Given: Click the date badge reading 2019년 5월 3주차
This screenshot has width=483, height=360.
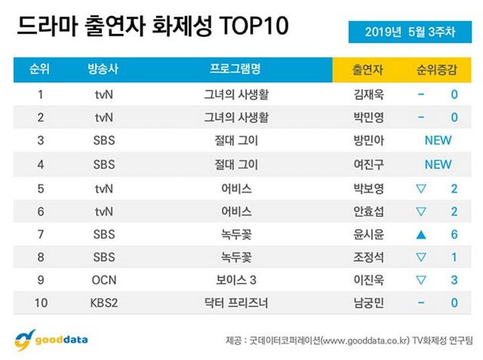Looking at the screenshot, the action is pos(410,32).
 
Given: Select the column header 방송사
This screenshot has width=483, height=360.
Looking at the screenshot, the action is pos(103,69).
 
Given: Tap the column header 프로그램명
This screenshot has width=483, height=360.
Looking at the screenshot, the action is pos(235,68).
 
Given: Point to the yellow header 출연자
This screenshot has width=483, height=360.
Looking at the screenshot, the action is pos(368,70).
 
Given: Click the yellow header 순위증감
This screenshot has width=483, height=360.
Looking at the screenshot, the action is pos(437,70).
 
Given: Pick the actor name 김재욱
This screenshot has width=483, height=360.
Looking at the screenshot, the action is pos(369,95).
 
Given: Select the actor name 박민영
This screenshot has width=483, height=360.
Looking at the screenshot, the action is pos(369,117).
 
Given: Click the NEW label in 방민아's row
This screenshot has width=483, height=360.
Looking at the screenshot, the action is pos(438,140).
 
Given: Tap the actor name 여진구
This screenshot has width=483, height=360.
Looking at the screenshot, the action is pos(369,164).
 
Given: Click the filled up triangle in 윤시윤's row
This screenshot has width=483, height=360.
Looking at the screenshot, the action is pos(421,235).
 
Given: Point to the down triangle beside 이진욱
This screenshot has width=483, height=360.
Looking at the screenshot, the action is pos(421,280).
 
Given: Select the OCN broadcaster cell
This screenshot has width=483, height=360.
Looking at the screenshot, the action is pos(104,280).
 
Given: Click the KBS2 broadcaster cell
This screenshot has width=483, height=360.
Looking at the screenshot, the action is pos(104,303).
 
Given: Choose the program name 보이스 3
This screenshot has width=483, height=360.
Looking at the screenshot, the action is pos(236,280).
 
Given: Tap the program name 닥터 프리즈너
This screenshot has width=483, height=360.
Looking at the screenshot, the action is pos(236,303).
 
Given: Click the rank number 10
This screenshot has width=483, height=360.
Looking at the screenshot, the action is pos(41,303).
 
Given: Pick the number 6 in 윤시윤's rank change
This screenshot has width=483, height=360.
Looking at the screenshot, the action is pos(454,235).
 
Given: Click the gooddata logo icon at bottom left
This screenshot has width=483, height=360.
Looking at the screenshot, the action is pos(24,340).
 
